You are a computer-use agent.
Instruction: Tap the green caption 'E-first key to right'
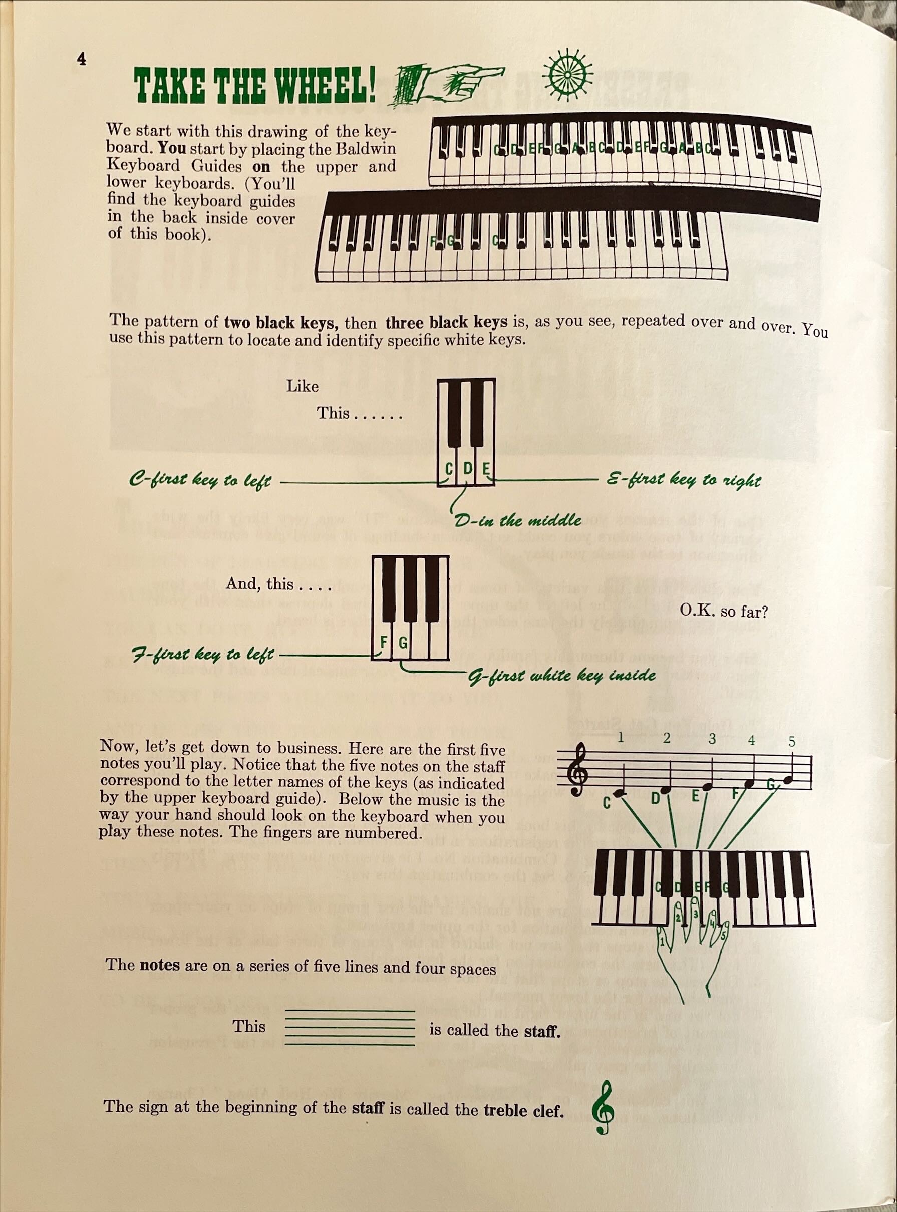pyautogui.click(x=683, y=480)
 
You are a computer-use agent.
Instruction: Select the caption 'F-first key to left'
pyautogui.click(x=203, y=654)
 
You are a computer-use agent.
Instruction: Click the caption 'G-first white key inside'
pyautogui.click(x=562, y=676)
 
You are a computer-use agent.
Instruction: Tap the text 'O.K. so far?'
pyautogui.click(x=723, y=612)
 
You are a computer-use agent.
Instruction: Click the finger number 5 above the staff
pyautogui.click(x=792, y=742)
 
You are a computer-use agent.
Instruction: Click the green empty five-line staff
pyautogui.click(x=350, y=1027)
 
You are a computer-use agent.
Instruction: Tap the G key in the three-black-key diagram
pyautogui.click(x=403, y=644)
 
